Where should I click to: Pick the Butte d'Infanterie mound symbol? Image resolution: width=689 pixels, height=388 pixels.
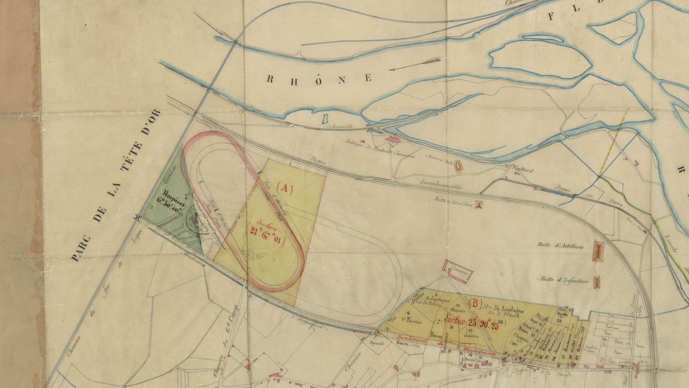(x=597, y=282)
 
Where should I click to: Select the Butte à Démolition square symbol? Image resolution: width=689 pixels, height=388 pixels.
(x=478, y=205)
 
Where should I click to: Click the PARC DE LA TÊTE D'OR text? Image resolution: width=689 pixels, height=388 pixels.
(x=116, y=186)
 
